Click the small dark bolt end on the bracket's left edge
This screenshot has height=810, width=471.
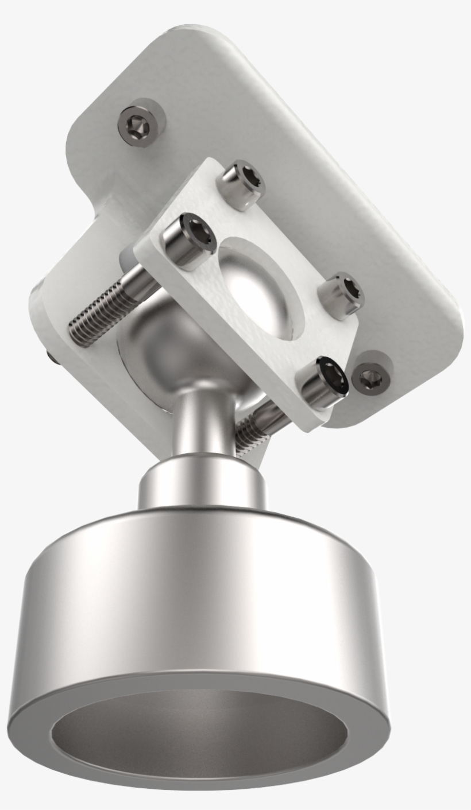tap(51, 358)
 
